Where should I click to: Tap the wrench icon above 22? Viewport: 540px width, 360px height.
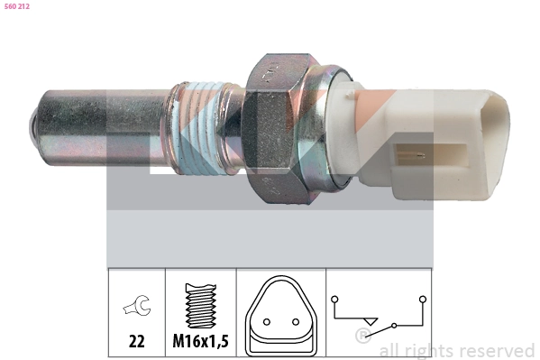pyautogui.click(x=136, y=309)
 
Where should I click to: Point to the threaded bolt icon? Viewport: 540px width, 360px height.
pyautogui.click(x=199, y=307)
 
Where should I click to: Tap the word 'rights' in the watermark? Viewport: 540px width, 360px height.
pyautogui.click(x=430, y=351)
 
